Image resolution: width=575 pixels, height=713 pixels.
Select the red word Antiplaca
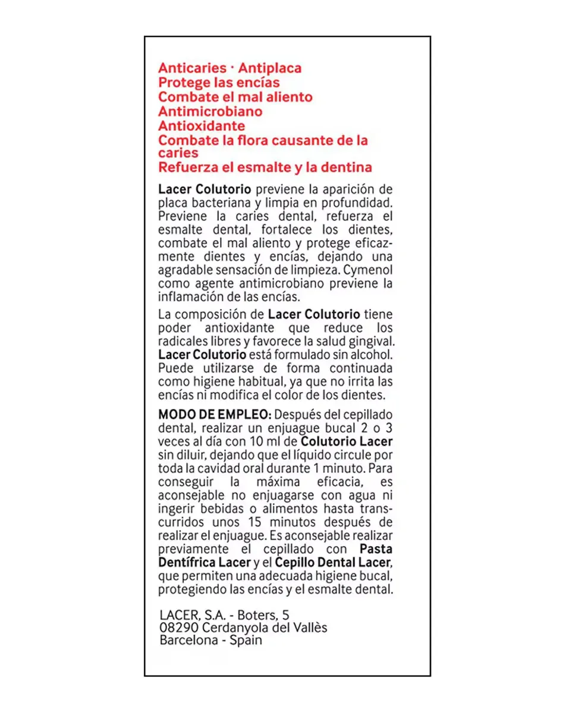(x=270, y=68)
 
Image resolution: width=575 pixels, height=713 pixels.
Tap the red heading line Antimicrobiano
(x=210, y=111)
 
